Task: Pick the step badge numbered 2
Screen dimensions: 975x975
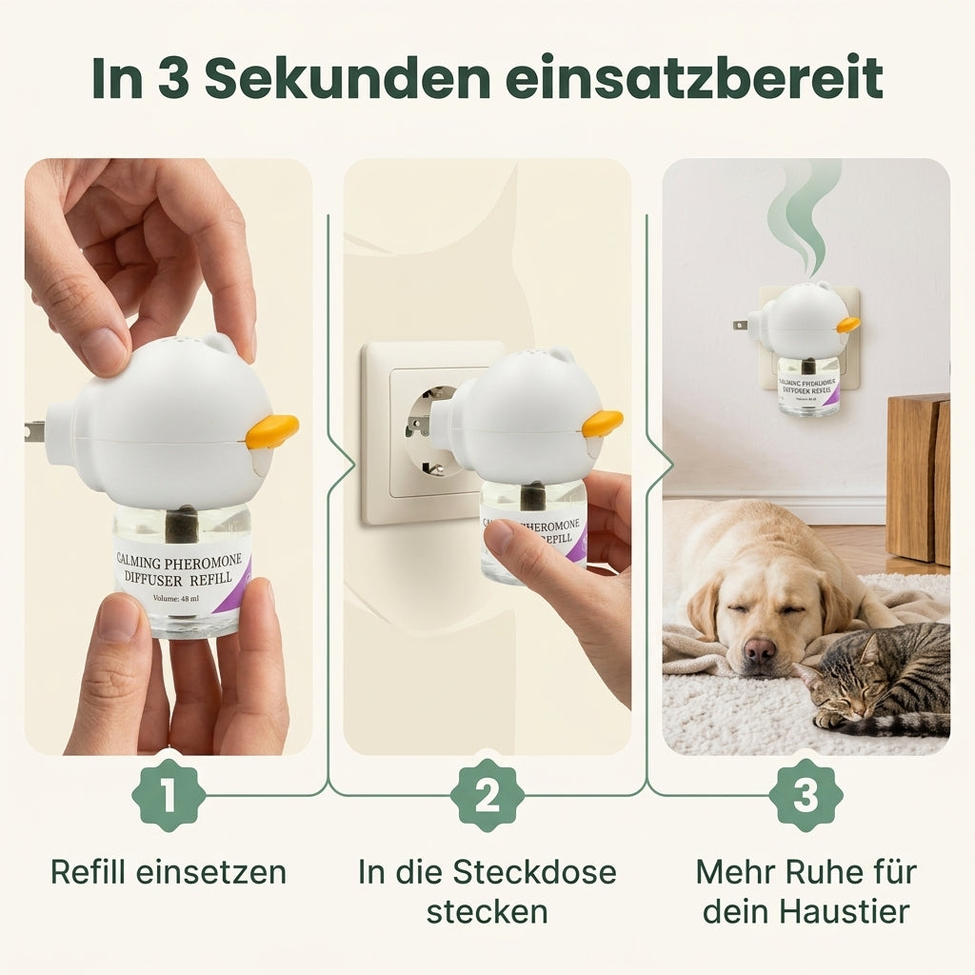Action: click(x=487, y=795)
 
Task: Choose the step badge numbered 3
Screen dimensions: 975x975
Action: click(x=806, y=795)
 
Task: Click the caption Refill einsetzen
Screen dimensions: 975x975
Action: click(x=169, y=871)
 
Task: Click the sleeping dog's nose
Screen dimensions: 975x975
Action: click(x=759, y=650)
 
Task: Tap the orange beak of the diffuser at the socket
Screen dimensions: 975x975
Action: click(x=603, y=423)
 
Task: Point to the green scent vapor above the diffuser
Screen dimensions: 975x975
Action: click(x=805, y=214)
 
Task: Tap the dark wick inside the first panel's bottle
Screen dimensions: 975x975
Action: click(x=182, y=523)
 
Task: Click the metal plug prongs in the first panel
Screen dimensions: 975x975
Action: click(x=34, y=430)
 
